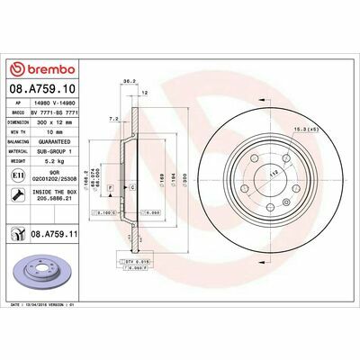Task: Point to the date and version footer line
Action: point(54,305)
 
